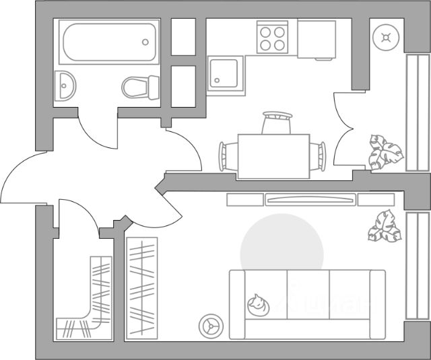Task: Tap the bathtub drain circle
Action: [145, 42]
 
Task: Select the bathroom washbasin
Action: [66, 85]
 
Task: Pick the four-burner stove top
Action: [273, 38]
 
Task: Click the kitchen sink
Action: [223, 73]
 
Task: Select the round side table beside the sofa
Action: [211, 326]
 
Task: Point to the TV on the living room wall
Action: [309, 199]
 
